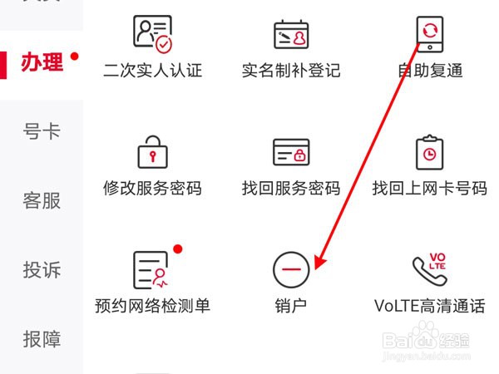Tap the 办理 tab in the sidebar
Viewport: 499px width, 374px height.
42,63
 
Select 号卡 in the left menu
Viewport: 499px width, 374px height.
42,131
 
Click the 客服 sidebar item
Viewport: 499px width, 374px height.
42,200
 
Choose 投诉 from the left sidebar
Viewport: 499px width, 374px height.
42,269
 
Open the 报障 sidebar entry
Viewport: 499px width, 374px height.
42,339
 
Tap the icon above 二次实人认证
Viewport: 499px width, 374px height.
152,33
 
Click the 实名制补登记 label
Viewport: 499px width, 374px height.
291,71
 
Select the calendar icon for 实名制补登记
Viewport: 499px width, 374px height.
291,33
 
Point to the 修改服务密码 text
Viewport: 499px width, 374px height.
152,188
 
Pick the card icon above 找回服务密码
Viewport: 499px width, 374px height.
291,152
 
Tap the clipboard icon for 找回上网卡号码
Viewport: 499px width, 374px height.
429,152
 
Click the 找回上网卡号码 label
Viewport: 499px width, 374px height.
429,188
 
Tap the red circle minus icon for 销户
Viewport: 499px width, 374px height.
291,268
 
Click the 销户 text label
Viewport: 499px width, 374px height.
291,305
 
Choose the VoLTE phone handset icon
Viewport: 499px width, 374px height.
429,268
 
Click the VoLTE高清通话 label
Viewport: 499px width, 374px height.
429,305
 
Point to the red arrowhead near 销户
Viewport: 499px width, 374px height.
319,263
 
